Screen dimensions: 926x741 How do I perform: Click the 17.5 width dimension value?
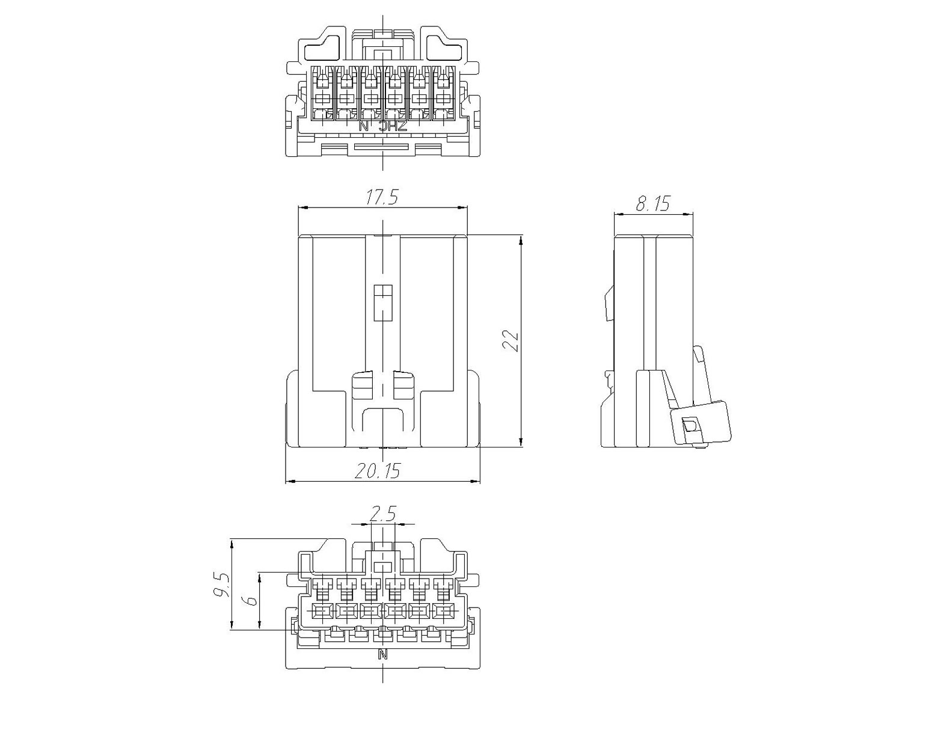382,197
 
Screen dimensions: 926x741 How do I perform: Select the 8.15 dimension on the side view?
653,203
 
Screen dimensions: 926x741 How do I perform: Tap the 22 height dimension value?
511,341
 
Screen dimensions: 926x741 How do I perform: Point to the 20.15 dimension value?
378,471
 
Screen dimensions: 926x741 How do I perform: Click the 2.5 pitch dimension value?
382,514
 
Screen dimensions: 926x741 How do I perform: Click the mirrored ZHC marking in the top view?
393,126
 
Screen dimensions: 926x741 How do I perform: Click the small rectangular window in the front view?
383,303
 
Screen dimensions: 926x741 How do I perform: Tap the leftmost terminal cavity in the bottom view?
322,612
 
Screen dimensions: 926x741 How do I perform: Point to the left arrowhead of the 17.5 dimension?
303,208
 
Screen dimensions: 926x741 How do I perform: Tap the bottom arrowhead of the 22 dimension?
521,441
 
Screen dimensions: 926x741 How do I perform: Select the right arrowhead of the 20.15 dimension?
475,481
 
